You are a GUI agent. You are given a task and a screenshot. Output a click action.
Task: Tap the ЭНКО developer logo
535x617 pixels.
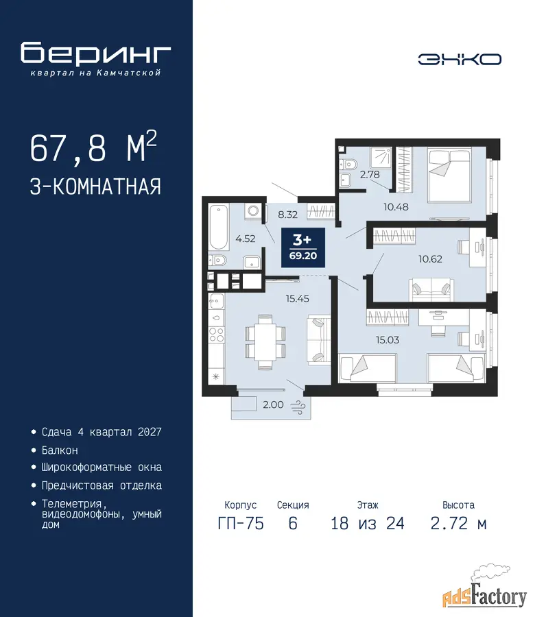(460, 60)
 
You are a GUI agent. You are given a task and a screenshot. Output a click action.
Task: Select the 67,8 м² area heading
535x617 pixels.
(93, 147)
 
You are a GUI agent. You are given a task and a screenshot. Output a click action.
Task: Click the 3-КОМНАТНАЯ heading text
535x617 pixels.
(95, 186)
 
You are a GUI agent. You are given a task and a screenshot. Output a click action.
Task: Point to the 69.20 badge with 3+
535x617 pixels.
(303, 247)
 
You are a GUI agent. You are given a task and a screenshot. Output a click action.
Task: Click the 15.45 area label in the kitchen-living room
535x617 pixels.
(297, 299)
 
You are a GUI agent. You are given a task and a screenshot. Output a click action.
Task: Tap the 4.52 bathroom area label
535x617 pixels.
(246, 239)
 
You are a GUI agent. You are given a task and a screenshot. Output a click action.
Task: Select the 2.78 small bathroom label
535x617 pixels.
(370, 174)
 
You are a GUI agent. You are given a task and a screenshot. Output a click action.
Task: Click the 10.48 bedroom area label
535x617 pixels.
(396, 206)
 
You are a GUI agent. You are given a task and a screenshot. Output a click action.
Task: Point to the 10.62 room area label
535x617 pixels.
(430, 259)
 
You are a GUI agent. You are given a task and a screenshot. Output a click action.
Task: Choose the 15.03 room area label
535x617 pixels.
(388, 339)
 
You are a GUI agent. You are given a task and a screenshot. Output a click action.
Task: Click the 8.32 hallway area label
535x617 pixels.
(288, 215)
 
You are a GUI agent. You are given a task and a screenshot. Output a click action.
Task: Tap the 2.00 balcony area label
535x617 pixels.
(273, 404)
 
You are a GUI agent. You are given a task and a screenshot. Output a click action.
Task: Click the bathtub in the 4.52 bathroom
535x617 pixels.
(219, 227)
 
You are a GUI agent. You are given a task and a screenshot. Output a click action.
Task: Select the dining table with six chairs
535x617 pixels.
(265, 341)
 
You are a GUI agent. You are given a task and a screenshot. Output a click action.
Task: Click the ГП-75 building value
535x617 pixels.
(241, 523)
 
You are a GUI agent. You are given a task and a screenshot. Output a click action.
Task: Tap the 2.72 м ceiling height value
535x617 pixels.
(459, 523)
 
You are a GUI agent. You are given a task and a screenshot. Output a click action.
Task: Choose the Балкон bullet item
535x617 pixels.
(60, 450)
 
